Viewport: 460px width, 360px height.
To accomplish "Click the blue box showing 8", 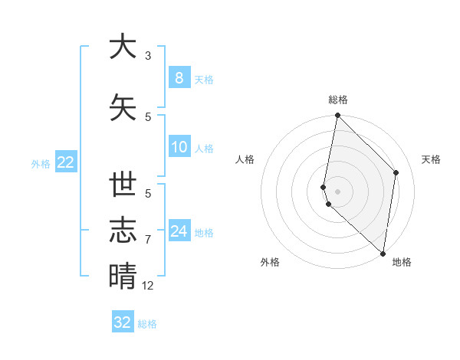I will tap(179, 77).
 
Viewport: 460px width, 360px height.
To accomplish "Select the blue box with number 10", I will tap(179, 147).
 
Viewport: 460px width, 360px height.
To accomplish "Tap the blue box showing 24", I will tap(179, 231).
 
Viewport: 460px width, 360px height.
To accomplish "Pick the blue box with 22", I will tap(65, 162).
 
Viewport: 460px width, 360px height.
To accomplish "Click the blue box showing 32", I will tap(123, 322).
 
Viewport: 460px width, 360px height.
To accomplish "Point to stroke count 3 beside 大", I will tap(148, 55).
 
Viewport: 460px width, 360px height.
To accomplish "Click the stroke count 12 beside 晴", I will tap(148, 286).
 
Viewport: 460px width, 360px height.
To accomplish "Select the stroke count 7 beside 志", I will tap(148, 240).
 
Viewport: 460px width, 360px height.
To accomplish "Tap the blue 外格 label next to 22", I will tap(40, 163).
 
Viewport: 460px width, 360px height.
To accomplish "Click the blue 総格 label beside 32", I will tap(147, 324).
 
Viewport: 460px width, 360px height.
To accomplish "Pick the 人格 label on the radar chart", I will tap(245, 159).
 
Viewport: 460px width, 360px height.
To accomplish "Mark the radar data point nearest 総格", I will tap(337, 116).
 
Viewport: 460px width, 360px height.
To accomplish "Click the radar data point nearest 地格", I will tap(383, 254).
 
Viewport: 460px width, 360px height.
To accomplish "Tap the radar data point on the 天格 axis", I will tap(396, 172).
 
